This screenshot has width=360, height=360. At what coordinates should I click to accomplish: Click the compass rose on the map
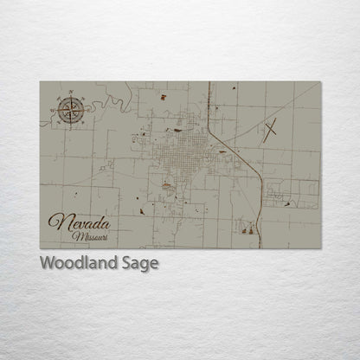pyautogui.click(x=70, y=109)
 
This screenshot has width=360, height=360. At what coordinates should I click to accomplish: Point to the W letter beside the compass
pyautogui.click(x=53, y=110)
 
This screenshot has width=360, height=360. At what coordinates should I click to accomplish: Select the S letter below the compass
pyautogui.click(x=70, y=125)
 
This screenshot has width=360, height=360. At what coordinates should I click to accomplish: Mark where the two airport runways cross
pyautogui.click(x=272, y=131)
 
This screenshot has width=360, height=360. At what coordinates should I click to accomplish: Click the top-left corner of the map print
pyautogui.click(x=41, y=82)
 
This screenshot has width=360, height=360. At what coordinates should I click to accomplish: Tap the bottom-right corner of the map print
pyautogui.click(x=320, y=248)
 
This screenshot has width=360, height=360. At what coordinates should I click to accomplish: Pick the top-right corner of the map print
pyautogui.click(x=320, y=82)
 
